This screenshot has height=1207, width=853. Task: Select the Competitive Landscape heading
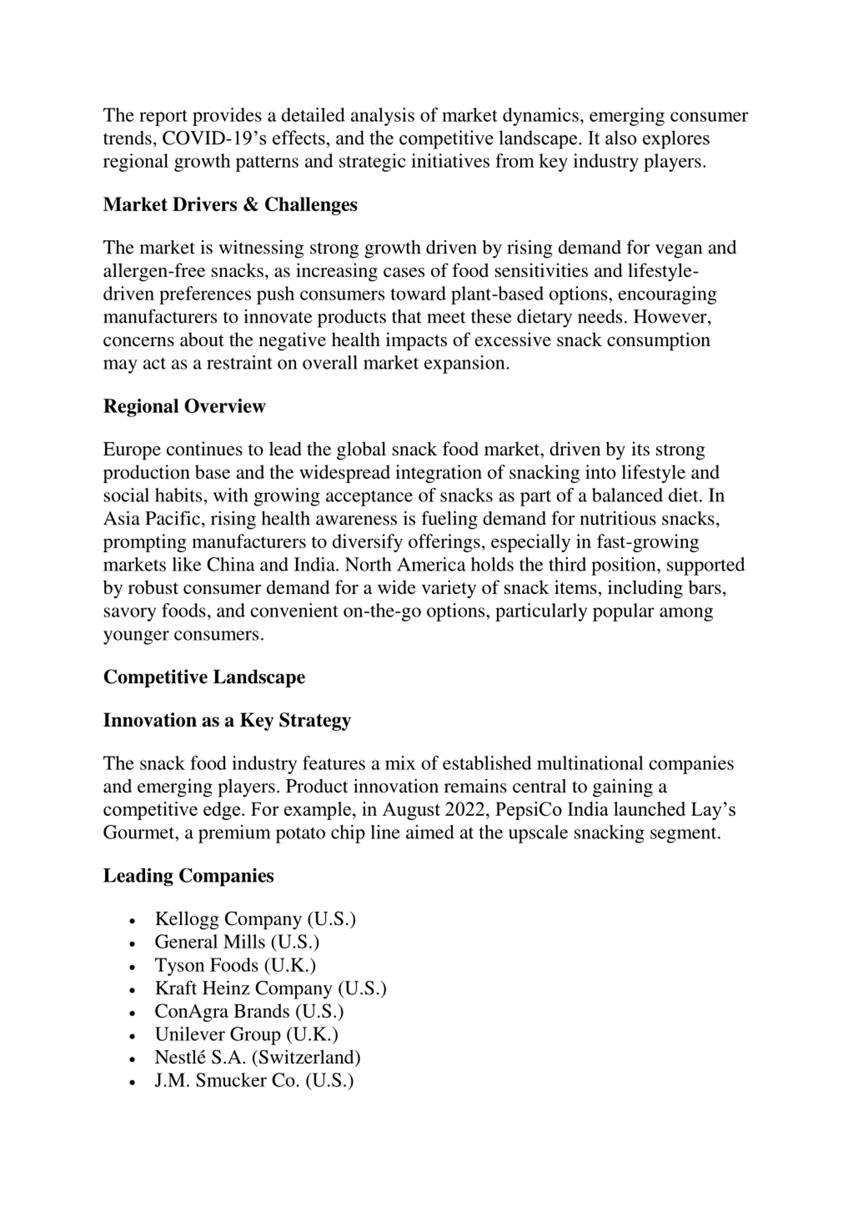(x=204, y=677)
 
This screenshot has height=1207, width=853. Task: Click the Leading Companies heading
(x=188, y=876)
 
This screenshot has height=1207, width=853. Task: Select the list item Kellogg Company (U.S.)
(x=255, y=919)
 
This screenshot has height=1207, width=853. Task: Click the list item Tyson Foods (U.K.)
(x=235, y=965)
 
